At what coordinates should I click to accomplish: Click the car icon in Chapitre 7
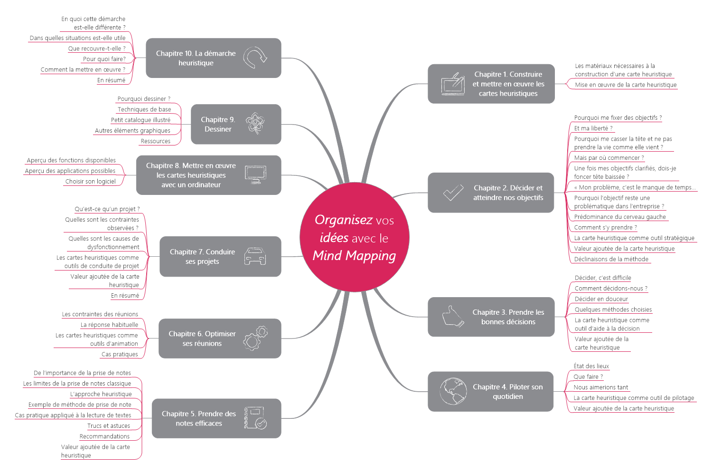click(255, 256)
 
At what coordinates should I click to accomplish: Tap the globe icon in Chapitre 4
click(453, 391)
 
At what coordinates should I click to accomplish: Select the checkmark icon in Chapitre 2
click(453, 193)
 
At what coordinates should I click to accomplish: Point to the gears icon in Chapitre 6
click(255, 339)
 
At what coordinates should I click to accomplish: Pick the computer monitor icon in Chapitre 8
click(255, 174)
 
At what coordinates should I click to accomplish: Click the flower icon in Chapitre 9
click(255, 124)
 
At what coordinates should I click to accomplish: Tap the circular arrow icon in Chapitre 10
click(255, 58)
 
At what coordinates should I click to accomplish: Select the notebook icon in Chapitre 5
click(255, 418)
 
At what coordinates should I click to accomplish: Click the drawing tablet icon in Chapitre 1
click(453, 84)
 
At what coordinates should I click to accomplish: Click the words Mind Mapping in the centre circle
click(354, 256)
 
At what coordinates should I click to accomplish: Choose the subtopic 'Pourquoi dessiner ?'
click(144, 99)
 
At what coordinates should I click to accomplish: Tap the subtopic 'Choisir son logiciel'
click(90, 182)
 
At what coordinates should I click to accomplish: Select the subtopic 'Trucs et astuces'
click(109, 426)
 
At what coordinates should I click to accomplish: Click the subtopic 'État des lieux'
click(591, 366)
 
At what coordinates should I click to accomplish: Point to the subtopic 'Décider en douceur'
click(601, 299)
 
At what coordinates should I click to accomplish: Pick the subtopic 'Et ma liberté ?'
click(593, 128)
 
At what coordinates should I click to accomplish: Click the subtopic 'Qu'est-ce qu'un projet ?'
click(107, 209)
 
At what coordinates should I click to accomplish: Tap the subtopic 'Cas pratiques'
click(120, 354)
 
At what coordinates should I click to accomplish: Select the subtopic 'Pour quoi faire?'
click(104, 59)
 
